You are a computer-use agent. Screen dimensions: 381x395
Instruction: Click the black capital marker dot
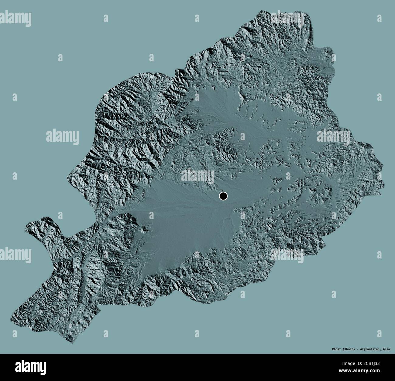point(223,196)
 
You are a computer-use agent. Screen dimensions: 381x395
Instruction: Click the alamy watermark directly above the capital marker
point(197,176)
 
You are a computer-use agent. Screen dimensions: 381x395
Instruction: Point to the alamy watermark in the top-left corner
point(16,17)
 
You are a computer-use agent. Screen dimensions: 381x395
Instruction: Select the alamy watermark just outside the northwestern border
point(63,136)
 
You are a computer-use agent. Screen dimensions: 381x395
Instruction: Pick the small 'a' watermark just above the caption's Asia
point(378,334)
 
